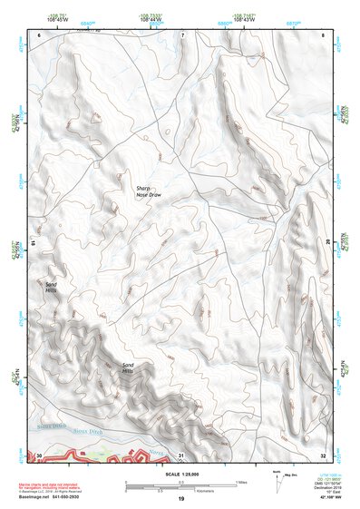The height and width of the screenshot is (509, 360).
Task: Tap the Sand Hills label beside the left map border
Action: point(52,287)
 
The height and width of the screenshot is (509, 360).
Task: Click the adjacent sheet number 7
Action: point(181,34)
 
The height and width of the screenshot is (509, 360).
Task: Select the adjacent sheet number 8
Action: point(323,34)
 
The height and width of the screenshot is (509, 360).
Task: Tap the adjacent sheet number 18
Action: point(33,244)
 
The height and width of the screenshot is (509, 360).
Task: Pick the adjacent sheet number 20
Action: point(328,244)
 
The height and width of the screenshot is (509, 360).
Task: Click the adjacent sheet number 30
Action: point(39,455)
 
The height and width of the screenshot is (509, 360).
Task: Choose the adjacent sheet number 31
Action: point(181,455)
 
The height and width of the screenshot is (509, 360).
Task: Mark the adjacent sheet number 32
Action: point(323,455)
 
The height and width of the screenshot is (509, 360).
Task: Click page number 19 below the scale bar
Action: point(180,499)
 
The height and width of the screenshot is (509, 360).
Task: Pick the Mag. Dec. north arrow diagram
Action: point(281,478)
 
